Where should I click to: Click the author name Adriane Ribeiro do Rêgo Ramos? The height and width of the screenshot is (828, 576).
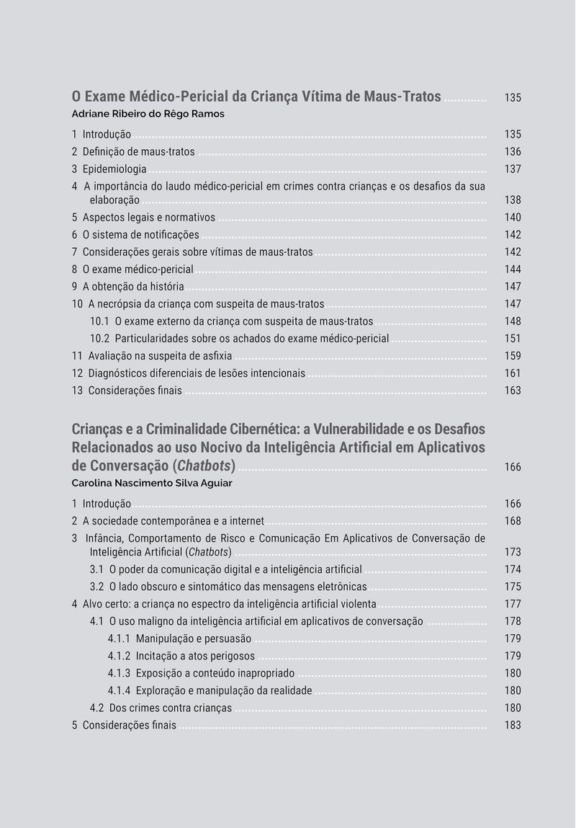click(148, 114)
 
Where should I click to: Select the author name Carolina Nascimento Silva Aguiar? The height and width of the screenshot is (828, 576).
click(152, 483)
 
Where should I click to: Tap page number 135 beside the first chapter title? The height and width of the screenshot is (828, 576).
click(513, 97)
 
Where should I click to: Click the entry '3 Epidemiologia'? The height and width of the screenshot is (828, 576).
click(109, 169)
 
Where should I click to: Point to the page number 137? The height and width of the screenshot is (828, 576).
click(513, 169)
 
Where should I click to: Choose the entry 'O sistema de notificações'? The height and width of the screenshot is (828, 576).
click(140, 235)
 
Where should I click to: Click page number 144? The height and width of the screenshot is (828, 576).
click(513, 270)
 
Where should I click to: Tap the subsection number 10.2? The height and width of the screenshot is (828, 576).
click(99, 339)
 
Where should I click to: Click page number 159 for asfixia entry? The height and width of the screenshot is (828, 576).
click(513, 356)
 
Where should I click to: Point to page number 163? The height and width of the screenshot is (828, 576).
click(513, 391)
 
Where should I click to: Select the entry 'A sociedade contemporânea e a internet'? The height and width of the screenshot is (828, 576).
click(173, 521)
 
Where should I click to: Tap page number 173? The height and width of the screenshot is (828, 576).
click(513, 552)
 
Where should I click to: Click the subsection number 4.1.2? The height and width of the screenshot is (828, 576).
click(119, 656)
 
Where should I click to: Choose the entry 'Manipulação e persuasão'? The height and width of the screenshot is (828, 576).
click(194, 638)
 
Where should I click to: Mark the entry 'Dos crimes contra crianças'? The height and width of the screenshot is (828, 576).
click(171, 708)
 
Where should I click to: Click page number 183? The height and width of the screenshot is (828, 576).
click(513, 725)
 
